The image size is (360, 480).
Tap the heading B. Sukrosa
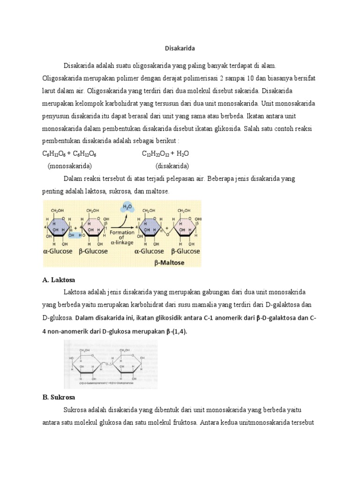[57, 397]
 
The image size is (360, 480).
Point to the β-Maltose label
[169, 263]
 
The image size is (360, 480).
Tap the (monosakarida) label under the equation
[69, 166]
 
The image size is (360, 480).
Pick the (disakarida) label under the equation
[172, 166]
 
